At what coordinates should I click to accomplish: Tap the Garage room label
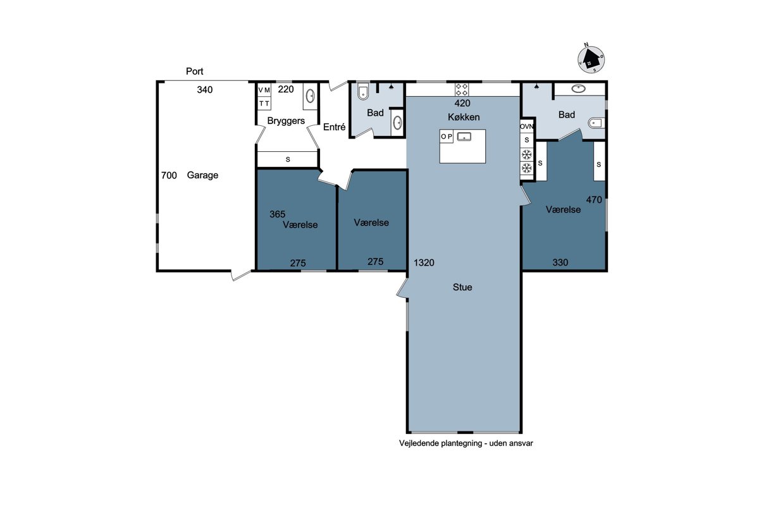(202, 175)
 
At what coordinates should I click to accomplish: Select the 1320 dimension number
(424, 262)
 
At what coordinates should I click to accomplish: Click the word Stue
(462, 287)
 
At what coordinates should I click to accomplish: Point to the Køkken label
(464, 117)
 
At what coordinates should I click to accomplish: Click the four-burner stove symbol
(462, 89)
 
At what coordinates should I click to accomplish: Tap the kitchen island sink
(464, 137)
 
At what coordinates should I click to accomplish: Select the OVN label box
(526, 126)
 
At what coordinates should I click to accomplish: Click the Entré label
(334, 127)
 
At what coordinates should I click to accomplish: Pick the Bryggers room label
(286, 121)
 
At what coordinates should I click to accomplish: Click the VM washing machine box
(264, 90)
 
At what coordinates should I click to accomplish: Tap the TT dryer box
(264, 103)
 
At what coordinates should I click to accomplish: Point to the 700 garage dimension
(169, 175)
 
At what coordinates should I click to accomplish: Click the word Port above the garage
(195, 71)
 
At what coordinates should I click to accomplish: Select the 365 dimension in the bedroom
(277, 214)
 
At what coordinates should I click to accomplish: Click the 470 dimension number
(594, 200)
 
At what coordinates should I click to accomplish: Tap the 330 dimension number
(560, 262)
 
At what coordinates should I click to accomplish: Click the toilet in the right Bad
(596, 123)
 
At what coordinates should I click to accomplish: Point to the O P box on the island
(447, 137)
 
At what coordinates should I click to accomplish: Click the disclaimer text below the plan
(466, 443)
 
